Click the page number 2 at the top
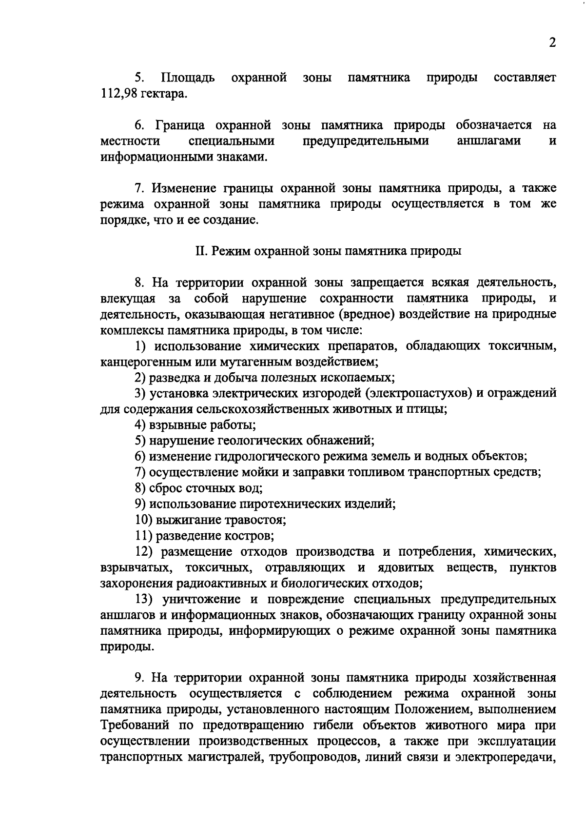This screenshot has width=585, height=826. coord(552,42)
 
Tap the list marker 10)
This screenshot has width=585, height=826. coord(144,520)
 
